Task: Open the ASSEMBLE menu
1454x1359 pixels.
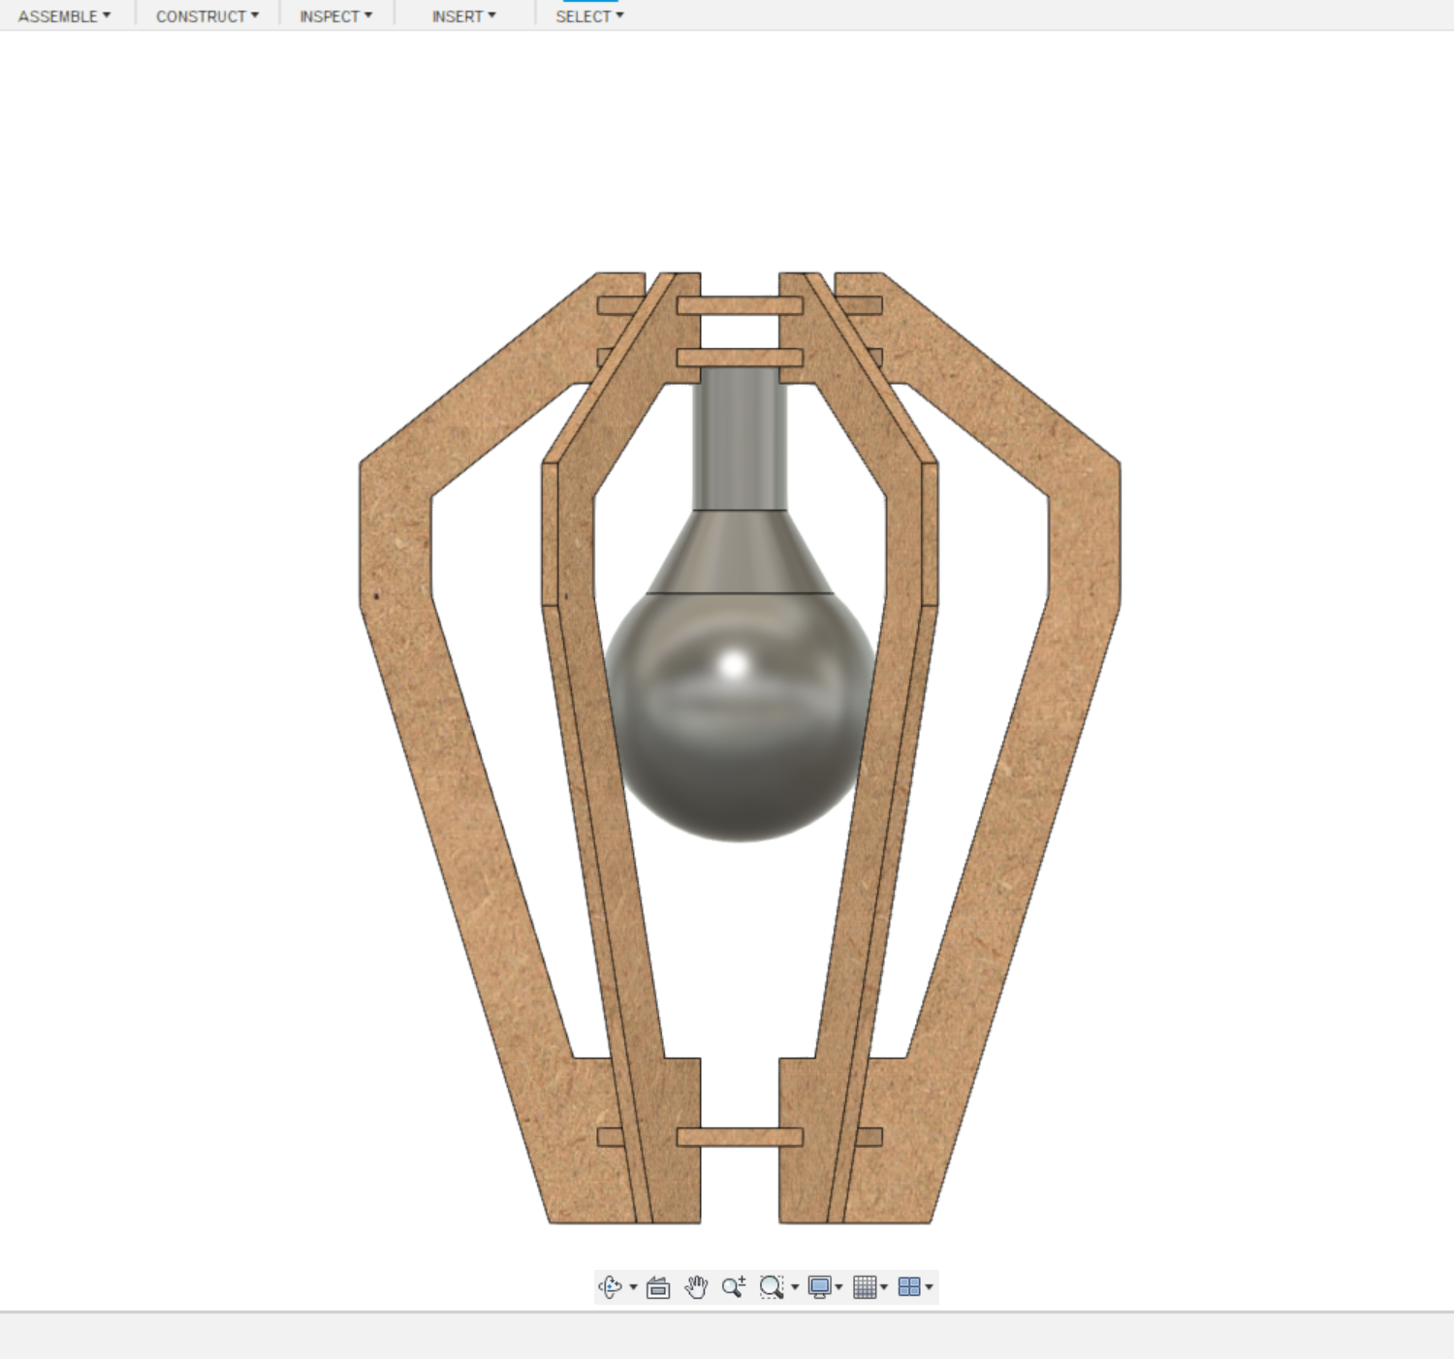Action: coord(64,16)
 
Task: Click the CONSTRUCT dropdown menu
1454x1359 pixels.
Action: coord(206,16)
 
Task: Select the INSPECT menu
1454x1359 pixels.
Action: coord(335,16)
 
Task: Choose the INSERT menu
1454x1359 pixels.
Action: coord(463,16)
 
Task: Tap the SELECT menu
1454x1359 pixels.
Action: coord(589,16)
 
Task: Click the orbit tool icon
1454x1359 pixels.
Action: coord(611,1287)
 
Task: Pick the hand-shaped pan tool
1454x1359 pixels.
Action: coord(696,1287)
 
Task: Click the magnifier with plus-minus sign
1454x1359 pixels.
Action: coord(734,1287)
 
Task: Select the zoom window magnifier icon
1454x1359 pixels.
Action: coord(772,1287)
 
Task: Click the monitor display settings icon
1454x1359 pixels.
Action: coord(819,1287)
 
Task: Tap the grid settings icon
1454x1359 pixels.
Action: coord(865,1287)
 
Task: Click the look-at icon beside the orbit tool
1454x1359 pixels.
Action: coord(658,1287)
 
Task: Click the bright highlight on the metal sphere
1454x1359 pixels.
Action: coord(734,665)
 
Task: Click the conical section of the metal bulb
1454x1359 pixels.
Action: coord(740,553)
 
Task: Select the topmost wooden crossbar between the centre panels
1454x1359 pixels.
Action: coord(740,306)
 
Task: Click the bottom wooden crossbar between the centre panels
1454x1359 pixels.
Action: coord(740,1137)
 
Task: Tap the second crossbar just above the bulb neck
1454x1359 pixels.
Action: coord(740,358)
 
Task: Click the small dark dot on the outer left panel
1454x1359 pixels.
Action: coord(376,596)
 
